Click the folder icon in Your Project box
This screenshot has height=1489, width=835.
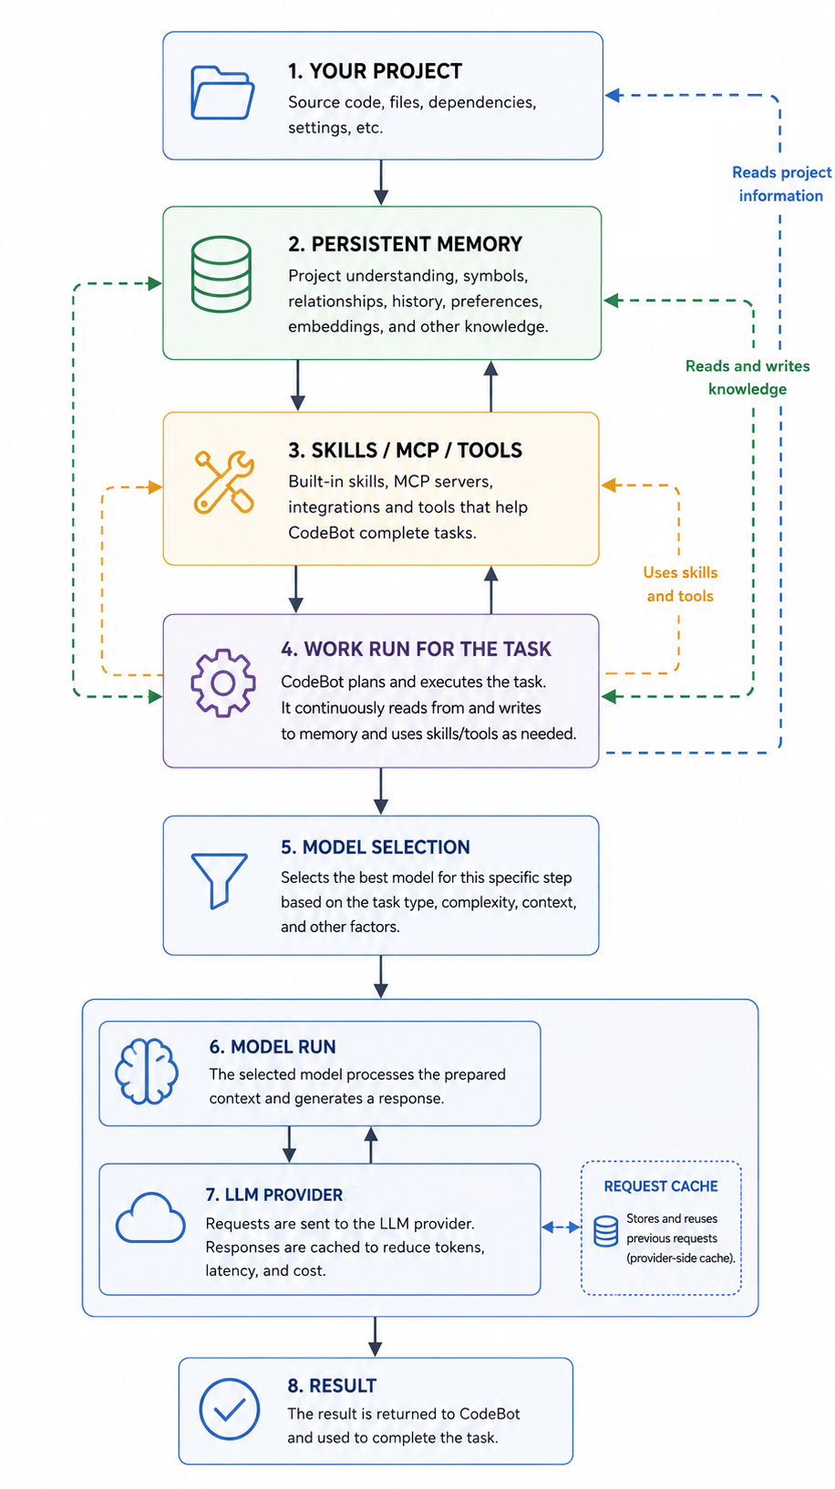tap(222, 93)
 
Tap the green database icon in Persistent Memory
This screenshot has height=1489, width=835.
tap(222, 274)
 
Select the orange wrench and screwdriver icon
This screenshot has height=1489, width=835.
tap(224, 483)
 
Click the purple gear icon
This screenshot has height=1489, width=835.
tap(222, 683)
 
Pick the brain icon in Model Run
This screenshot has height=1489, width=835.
tap(146, 1071)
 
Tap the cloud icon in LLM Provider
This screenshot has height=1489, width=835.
tap(150, 1217)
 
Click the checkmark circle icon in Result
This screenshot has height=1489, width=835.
tap(230, 1409)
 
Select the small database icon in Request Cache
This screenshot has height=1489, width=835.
tap(605, 1231)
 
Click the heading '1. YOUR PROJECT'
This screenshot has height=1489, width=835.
tap(375, 71)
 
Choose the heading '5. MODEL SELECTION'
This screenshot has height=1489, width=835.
tap(375, 847)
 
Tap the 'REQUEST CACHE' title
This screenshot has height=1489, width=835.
tap(661, 1186)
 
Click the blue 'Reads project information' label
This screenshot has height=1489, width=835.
tap(782, 184)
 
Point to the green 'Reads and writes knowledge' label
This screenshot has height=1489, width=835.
tap(747, 377)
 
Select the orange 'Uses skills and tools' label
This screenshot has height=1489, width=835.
tap(680, 584)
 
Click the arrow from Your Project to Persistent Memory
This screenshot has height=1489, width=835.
tap(381, 182)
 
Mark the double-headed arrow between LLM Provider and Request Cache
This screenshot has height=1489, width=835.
tap(562, 1227)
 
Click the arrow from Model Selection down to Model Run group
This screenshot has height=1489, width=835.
tap(381, 977)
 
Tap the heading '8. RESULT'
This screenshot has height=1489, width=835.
tap(332, 1386)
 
